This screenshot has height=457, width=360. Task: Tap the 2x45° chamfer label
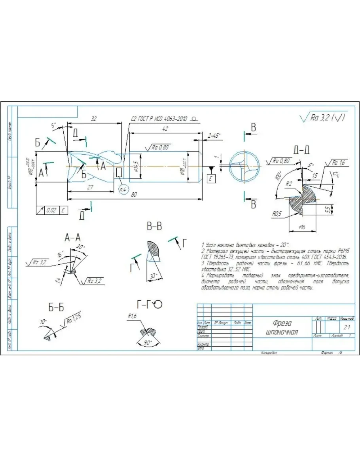click(x=214, y=135)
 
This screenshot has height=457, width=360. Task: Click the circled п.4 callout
click(x=123, y=190)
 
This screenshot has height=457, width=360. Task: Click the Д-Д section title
click(x=301, y=149)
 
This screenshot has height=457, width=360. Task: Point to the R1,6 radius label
click(x=132, y=316)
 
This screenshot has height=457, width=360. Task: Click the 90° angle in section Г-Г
click(x=148, y=343)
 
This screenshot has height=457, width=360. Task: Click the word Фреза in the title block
click(x=282, y=323)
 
